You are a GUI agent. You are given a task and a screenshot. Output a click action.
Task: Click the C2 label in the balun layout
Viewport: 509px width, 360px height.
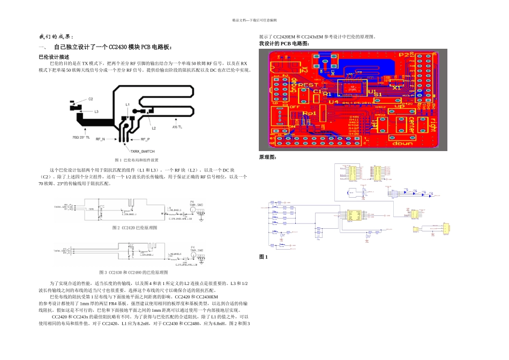click(x=91, y=99)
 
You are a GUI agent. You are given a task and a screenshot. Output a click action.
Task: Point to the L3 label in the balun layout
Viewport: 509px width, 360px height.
click(x=96, y=112)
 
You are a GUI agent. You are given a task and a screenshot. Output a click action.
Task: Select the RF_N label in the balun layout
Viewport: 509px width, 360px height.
click(x=100, y=138)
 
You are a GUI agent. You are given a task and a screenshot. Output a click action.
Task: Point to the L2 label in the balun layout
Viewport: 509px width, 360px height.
click(x=153, y=129)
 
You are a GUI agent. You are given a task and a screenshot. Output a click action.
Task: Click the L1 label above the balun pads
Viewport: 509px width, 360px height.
click(x=127, y=104)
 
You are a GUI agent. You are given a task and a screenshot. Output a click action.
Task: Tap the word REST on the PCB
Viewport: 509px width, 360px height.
click(x=308, y=85)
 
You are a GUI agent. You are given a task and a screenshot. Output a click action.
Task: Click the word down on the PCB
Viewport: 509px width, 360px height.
click(x=403, y=144)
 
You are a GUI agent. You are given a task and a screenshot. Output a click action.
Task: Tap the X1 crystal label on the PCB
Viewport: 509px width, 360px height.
click(x=397, y=87)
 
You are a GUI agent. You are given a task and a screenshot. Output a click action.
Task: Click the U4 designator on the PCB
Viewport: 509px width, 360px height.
click(x=333, y=101)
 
